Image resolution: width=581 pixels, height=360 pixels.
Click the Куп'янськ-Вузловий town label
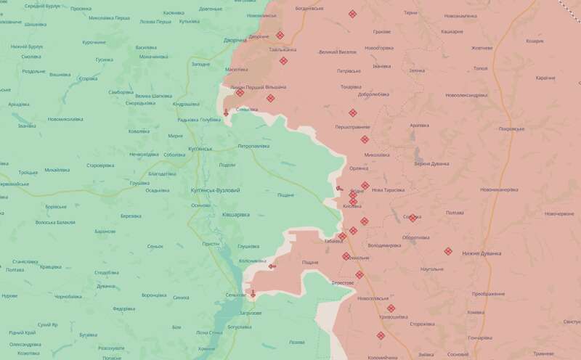(215, 189)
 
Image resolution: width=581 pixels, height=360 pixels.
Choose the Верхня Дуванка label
(431, 164)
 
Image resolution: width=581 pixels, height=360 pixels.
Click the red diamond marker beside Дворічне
(280, 35)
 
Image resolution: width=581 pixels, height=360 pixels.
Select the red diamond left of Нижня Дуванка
(448, 252)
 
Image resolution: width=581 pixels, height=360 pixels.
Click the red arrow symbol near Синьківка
(227, 112)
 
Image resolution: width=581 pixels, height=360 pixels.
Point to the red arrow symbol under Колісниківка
(272, 267)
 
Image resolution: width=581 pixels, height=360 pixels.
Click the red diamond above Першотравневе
(352, 112)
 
